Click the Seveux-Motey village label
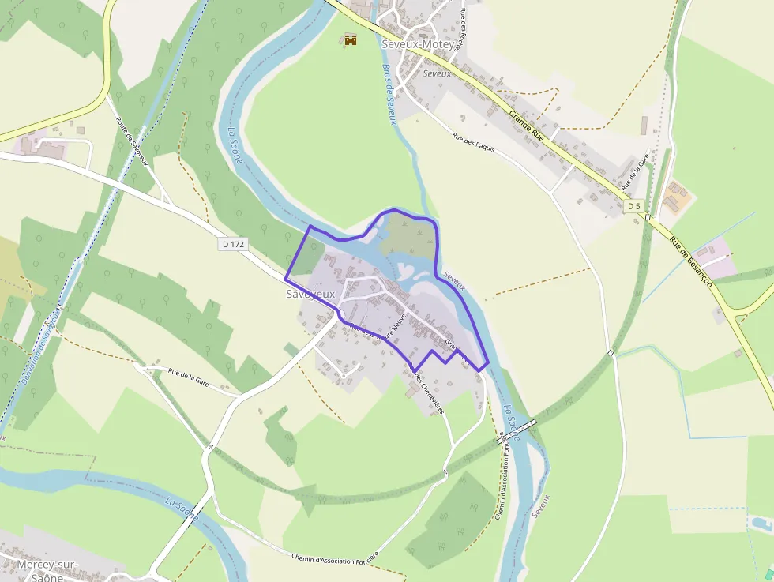(x=418, y=44)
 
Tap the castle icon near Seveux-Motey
(x=351, y=39)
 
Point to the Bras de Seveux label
(x=389, y=94)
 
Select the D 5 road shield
(x=633, y=206)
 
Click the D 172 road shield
(x=234, y=245)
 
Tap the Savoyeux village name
(x=311, y=294)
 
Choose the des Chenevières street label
(x=430, y=393)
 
